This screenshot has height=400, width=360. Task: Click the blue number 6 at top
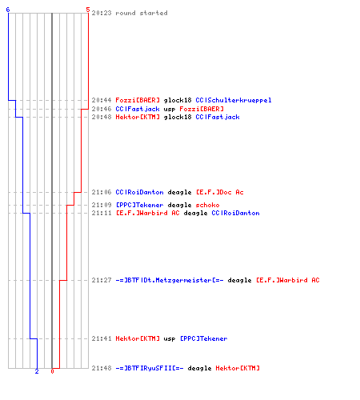pyautogui.click(x=8, y=10)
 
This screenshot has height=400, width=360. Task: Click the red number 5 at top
pyautogui.click(x=88, y=10)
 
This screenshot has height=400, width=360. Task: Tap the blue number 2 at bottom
pyautogui.click(x=37, y=371)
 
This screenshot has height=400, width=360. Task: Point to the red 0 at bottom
pyautogui.click(x=52, y=371)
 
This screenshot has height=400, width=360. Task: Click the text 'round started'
pyautogui.click(x=142, y=13)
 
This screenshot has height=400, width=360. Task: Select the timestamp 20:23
pyautogui.click(x=102, y=13)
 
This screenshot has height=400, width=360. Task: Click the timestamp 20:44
pyautogui.click(x=102, y=100)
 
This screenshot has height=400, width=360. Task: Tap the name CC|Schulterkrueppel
pyautogui.click(x=234, y=100)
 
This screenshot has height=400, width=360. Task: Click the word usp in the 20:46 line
pyautogui.click(x=170, y=109)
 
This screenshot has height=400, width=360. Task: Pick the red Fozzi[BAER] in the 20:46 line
pyautogui.click(x=202, y=109)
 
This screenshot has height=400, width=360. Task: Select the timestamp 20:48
pyautogui.click(x=102, y=117)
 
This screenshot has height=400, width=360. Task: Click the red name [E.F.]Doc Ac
pyautogui.click(x=220, y=192)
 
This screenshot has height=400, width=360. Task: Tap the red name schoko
pyautogui.click(x=207, y=205)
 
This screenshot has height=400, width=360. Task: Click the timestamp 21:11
pyautogui.click(x=102, y=213)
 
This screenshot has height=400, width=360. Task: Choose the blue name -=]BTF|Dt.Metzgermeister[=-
pyautogui.click(x=170, y=280)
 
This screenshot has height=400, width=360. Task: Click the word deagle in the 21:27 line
pyautogui.click(x=239, y=281)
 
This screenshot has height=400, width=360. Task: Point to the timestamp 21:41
pyautogui.click(x=102, y=338)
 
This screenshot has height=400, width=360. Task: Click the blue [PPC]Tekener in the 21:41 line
pyautogui.click(x=204, y=338)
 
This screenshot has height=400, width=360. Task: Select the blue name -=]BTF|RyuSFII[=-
pyautogui.click(x=150, y=368)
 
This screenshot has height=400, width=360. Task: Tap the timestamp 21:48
pyautogui.click(x=102, y=368)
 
